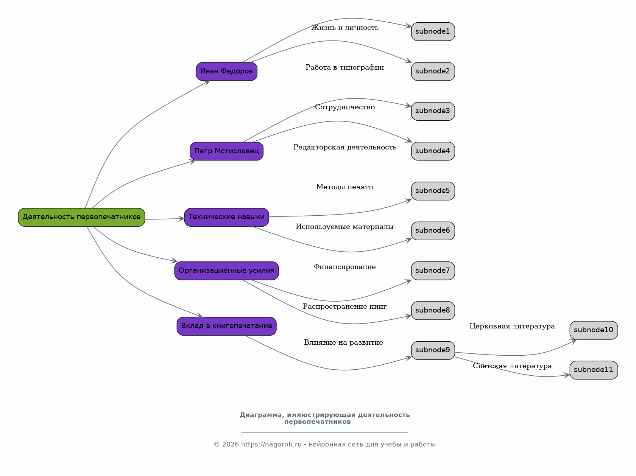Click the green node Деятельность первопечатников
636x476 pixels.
pyautogui.click(x=81, y=217)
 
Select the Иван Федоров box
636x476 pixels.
pyautogui.click(x=227, y=72)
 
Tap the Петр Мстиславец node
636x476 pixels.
pyautogui.click(x=227, y=151)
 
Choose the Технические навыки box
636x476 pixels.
pyautogui.click(x=227, y=217)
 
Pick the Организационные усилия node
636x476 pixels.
pyautogui.click(x=227, y=271)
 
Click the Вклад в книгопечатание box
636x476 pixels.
pyautogui.click(x=227, y=326)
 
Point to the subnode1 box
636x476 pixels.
pyautogui.click(x=433, y=31)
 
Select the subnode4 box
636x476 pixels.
pyautogui.click(x=433, y=151)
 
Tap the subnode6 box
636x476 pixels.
pyautogui.click(x=433, y=231)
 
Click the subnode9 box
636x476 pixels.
pyautogui.click(x=433, y=350)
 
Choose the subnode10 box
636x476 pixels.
pyautogui.click(x=594, y=330)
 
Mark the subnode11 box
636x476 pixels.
pyautogui.click(x=594, y=370)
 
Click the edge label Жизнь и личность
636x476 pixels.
pyautogui.click(x=345, y=28)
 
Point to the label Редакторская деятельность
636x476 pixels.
pyautogui.click(x=345, y=147)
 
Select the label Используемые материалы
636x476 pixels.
pyautogui.click(x=344, y=227)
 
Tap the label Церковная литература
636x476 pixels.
pyautogui.click(x=512, y=326)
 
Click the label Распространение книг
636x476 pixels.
pyautogui.click(x=344, y=306)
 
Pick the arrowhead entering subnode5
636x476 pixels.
pyautogui.click(x=408, y=201)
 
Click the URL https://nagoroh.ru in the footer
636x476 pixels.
pyautogui.click(x=271, y=445)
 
